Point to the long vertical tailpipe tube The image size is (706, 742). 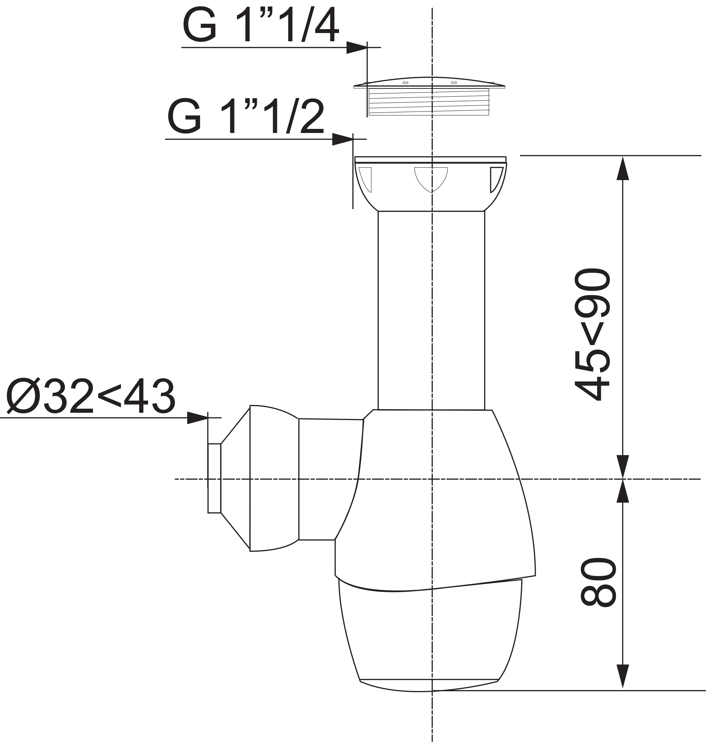[x=431, y=309]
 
